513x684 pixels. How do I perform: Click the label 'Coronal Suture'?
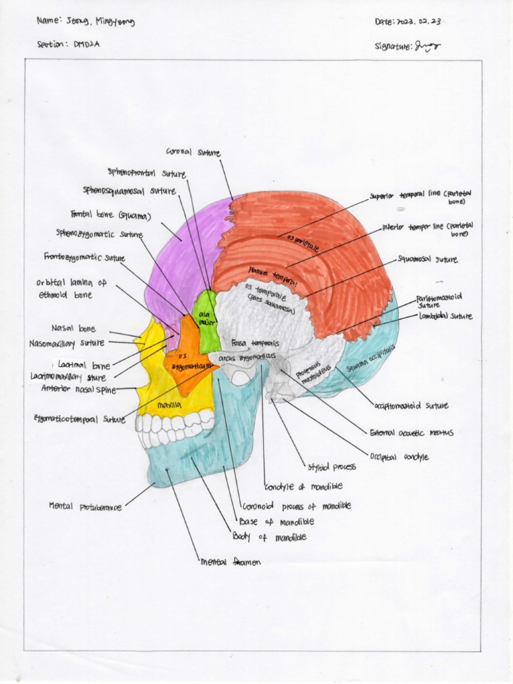197,154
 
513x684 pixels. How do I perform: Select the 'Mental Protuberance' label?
85,506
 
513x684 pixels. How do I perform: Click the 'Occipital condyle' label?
399,458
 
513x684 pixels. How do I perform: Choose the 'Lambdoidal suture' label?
446,316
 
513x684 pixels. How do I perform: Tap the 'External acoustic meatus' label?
407,433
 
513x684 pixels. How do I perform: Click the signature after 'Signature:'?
427,46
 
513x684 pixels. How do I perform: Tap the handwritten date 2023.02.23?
419,22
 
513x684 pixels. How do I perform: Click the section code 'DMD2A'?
90,44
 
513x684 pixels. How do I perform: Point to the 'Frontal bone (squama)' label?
111,216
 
